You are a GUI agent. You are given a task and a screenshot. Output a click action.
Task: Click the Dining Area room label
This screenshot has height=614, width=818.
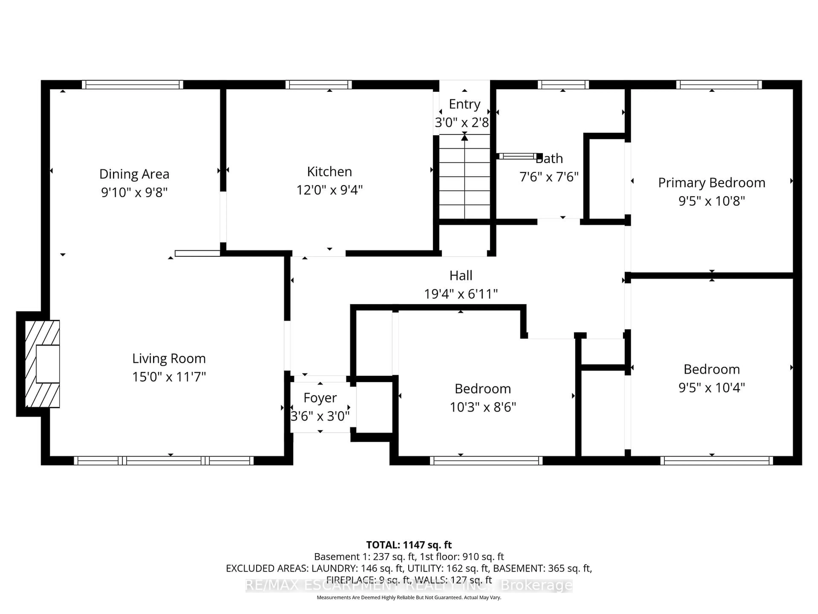pyautogui.click(x=134, y=174)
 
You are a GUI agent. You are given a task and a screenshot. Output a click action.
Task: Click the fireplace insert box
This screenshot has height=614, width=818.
pyautogui.click(x=48, y=364)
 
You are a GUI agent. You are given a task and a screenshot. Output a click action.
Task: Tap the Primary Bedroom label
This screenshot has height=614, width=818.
pyautogui.click(x=711, y=183)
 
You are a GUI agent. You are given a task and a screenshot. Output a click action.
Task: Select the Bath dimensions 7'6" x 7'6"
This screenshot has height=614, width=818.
pyautogui.click(x=549, y=177)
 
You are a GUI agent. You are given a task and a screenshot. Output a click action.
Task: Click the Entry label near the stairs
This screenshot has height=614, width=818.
pyautogui.click(x=464, y=104)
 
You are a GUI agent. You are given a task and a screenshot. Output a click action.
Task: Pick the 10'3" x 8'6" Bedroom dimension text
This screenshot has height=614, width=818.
pyautogui.click(x=482, y=407)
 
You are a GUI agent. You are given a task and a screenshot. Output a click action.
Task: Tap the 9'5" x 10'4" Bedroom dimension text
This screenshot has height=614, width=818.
pyautogui.click(x=711, y=388)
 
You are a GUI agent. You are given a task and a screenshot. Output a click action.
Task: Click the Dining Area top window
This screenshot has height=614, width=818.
pyautogui.click(x=132, y=85)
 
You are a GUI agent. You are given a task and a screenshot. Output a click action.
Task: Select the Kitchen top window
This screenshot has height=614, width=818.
pyautogui.click(x=318, y=85)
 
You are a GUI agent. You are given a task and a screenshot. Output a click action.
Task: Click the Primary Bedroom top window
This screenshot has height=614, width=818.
pyautogui.click(x=719, y=85)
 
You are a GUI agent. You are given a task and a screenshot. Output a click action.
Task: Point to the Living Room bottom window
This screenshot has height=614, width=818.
pyautogui.click(x=164, y=461)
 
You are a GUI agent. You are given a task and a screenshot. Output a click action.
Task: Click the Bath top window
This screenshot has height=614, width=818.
pyautogui.click(x=563, y=85)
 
